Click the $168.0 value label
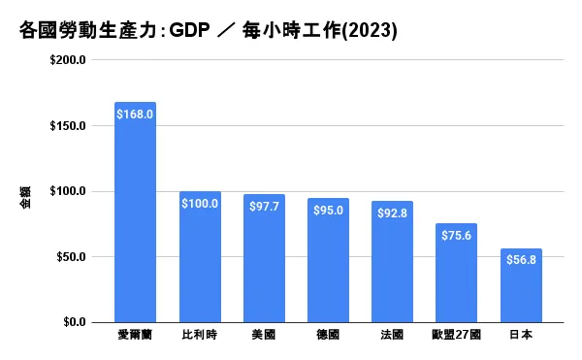[x=135, y=115]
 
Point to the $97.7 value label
[x=264, y=206]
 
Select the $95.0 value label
[x=328, y=210]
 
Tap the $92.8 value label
[x=393, y=213]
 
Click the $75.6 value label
[x=457, y=235]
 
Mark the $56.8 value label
[x=521, y=259]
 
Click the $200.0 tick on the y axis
[x=68, y=60]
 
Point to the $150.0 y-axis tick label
[x=68, y=126]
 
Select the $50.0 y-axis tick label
[x=71, y=257]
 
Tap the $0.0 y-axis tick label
[x=74, y=322]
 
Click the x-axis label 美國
[x=264, y=336]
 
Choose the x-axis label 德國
[x=328, y=336]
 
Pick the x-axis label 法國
[x=393, y=336]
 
